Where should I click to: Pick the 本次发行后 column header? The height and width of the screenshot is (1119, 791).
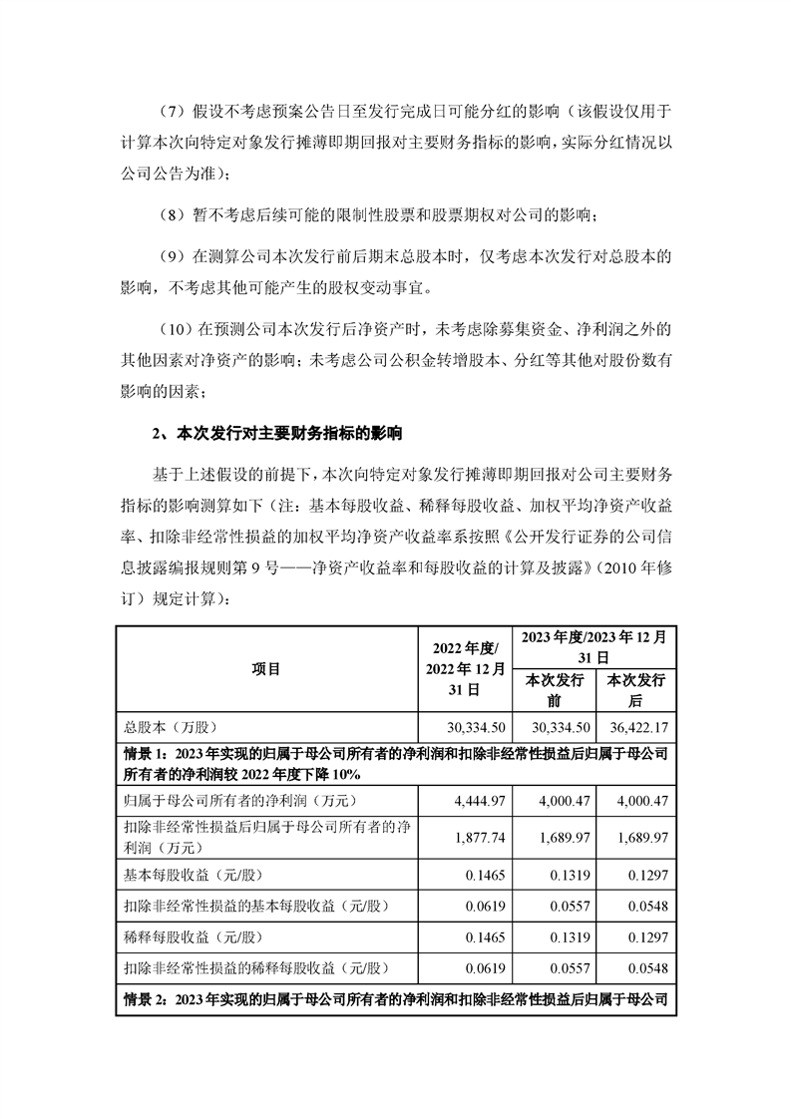pyautogui.click(x=636, y=690)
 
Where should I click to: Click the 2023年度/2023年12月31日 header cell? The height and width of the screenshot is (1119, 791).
pyautogui.click(x=594, y=645)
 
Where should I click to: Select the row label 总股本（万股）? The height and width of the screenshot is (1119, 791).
pyautogui.click(x=172, y=727)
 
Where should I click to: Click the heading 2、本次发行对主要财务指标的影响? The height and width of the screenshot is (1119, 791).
pyautogui.click(x=277, y=434)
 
